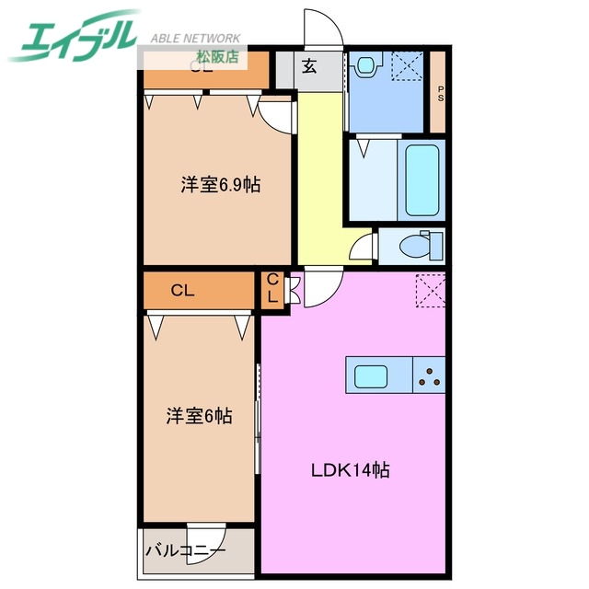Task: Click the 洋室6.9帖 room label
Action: (220, 185)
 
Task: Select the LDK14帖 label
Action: (349, 470)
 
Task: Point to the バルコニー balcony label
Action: (183, 552)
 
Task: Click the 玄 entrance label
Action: (309, 65)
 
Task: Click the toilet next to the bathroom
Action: (422, 247)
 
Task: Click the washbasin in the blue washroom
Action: (369, 64)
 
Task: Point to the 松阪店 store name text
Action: (217, 56)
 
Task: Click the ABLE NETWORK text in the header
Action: (195, 38)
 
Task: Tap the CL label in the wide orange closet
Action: (182, 291)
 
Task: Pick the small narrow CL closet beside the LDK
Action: (273, 290)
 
